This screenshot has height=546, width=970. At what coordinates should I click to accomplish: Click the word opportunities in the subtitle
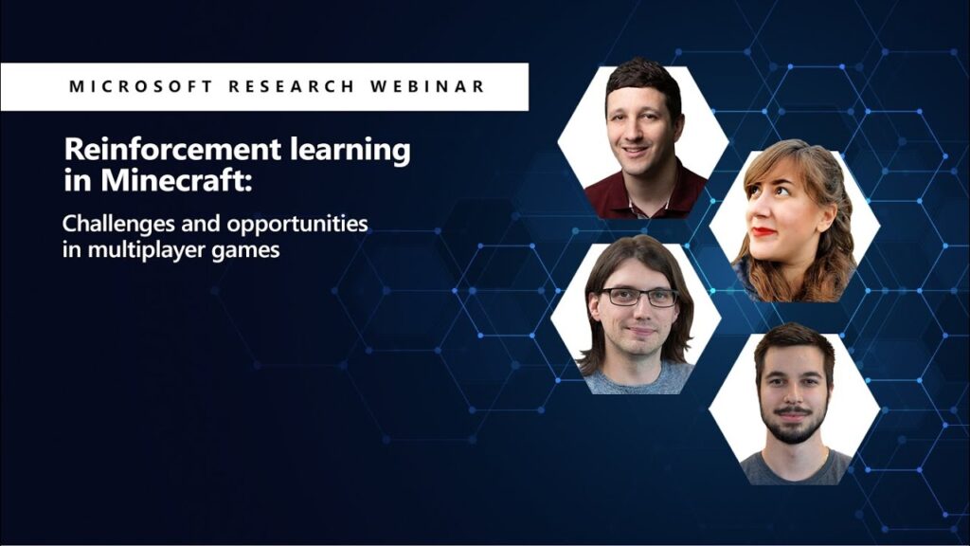pos(296,225)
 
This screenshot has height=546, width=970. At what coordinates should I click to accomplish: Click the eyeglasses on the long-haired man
pos(639,297)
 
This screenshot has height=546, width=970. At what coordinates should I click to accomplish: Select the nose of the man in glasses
pos(638,311)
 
